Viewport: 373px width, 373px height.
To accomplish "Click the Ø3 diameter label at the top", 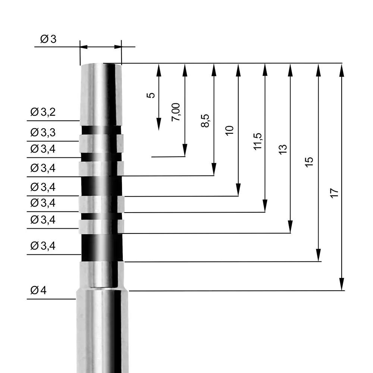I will tap(48, 39).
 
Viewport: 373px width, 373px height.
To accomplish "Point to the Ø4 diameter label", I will tap(38, 290).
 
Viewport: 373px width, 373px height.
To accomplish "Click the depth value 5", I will tap(151, 95).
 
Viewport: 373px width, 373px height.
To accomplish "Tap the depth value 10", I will tap(230, 130).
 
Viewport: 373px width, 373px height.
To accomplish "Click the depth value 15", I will tap(310, 162).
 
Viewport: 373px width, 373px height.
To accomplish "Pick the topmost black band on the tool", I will tap(101, 130).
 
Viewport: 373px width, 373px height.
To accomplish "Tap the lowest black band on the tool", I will tap(101, 248).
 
